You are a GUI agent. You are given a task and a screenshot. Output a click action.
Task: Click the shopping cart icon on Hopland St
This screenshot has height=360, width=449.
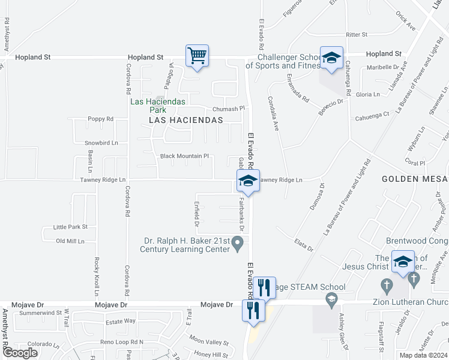[197, 56]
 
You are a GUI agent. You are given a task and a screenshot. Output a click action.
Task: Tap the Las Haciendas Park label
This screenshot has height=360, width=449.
[158, 106]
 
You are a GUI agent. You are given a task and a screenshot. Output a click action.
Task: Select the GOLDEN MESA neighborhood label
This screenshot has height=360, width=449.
[414, 179]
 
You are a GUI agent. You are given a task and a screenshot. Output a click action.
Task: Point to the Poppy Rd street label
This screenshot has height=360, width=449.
[100, 119]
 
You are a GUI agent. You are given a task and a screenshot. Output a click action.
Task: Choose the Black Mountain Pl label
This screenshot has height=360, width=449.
[184, 156]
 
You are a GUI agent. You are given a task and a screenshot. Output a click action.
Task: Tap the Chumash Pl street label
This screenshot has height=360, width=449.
[229, 109]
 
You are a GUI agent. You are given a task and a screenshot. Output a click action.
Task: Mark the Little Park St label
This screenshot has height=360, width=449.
[70, 227]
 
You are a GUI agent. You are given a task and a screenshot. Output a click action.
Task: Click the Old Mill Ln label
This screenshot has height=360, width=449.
[70, 241]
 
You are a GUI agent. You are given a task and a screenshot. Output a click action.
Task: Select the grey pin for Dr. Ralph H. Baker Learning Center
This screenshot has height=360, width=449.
[238, 243]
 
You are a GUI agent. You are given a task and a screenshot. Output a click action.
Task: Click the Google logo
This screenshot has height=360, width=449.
[20, 353]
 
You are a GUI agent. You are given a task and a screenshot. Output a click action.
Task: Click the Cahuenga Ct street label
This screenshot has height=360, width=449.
[372, 118]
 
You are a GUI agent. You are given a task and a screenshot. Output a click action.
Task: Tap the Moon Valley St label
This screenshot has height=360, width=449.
[206, 341]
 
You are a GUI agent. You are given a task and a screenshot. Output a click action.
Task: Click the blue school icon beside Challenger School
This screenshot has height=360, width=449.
[331, 59]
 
